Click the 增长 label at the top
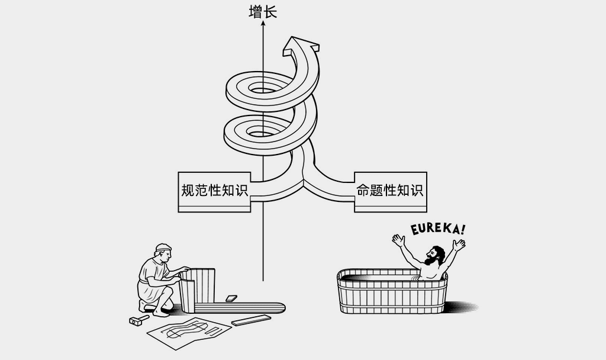point(263,12)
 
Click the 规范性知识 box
point(214,191)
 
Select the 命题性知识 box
point(390,191)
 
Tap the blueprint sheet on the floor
point(188,331)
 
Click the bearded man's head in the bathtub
point(435,255)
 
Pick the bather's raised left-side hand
point(398,240)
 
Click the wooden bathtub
point(392,293)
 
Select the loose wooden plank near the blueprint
point(251,320)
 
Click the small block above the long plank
point(231,298)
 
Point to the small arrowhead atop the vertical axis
point(263,25)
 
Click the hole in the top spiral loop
point(260,89)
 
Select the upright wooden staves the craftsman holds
point(198,287)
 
